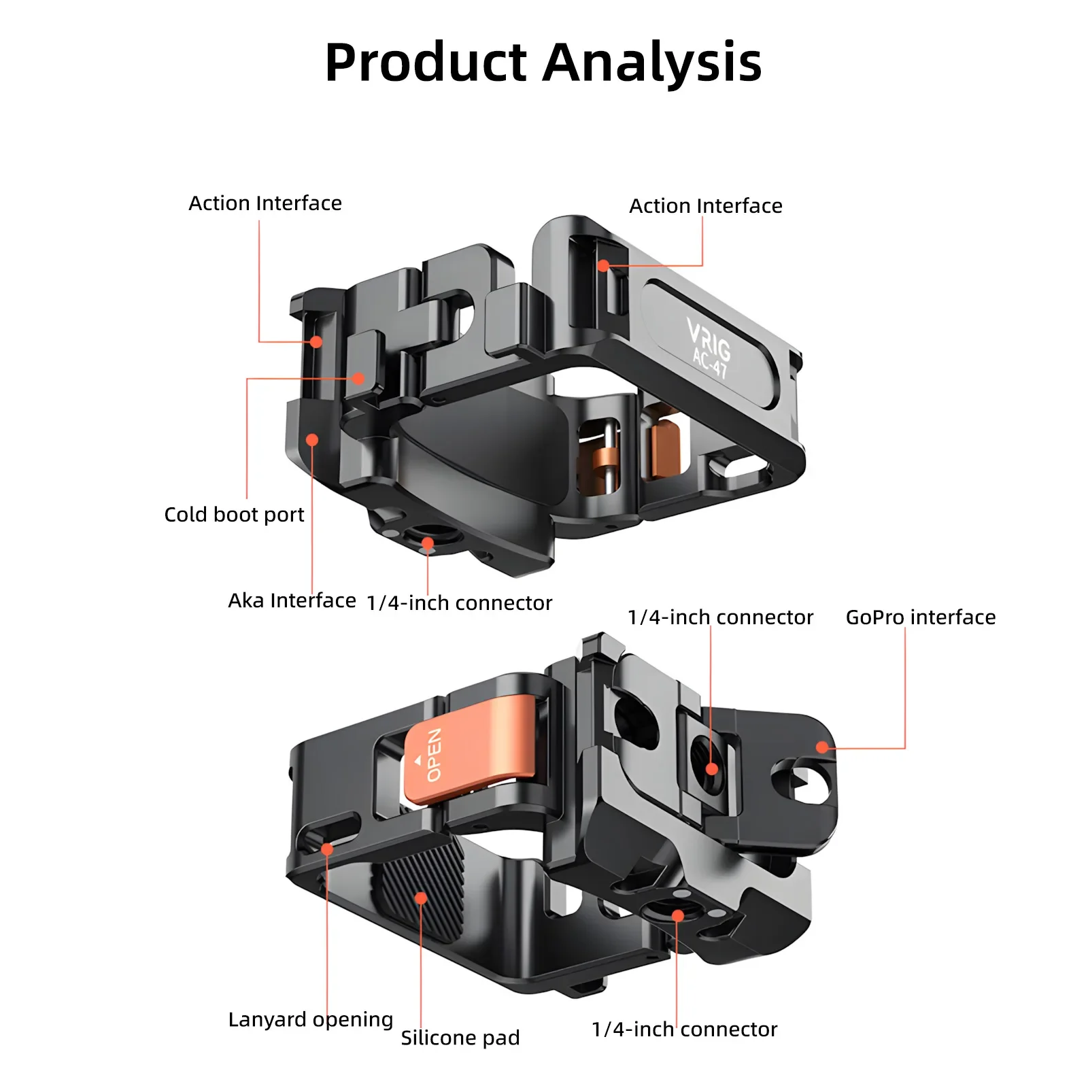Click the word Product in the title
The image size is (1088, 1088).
pos(426,63)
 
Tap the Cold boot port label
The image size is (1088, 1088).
pos(234,514)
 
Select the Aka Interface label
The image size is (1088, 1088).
pos(292,600)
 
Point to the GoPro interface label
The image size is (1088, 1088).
pos(921,617)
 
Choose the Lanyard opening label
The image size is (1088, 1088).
pos(311,1020)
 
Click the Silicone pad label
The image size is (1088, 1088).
pos(460,1038)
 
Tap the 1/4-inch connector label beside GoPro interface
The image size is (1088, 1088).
pos(720,617)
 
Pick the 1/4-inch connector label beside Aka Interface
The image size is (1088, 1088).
pos(459,603)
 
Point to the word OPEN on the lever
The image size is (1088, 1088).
pos(434,754)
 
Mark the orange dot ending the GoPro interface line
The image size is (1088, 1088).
pos(822,747)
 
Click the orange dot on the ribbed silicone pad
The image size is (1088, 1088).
pos(421,898)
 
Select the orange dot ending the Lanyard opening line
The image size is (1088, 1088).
pos(327,849)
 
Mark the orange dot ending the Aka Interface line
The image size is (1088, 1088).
pos(312,440)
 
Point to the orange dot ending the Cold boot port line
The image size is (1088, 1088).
pos(358,379)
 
